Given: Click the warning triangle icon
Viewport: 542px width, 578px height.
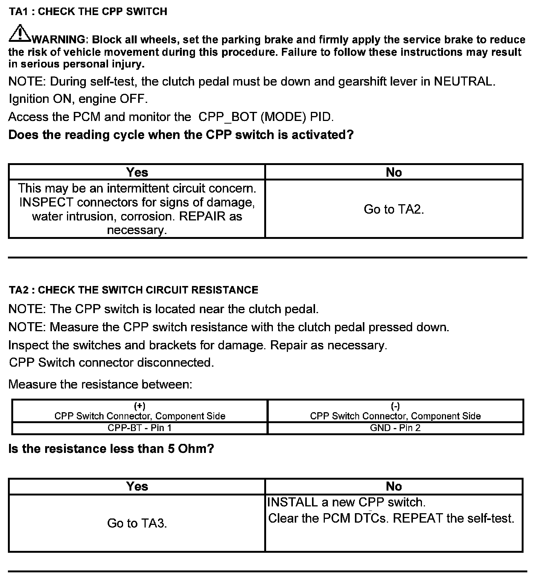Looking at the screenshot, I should coord(20,34).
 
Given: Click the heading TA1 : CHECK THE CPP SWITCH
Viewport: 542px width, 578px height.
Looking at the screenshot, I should coord(88,12).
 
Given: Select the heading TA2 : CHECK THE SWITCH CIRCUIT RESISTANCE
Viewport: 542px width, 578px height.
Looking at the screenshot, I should coord(134,290).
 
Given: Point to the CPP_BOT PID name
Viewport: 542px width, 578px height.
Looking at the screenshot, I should coord(227,117).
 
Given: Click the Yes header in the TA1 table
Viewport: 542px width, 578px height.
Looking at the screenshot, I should coord(137,172).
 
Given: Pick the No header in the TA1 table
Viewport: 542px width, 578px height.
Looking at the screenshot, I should coord(394,172).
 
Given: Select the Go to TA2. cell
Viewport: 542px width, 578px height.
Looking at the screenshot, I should coord(394,209).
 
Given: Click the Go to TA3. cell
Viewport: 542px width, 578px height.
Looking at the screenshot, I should coord(137,523).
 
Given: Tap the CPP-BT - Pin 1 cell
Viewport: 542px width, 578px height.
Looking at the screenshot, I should coord(140,428).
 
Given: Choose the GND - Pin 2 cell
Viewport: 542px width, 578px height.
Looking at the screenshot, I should coord(395,428).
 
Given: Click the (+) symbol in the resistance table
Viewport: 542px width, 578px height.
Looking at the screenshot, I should coord(140,406).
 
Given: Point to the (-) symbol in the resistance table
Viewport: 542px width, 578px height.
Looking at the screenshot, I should coord(395,406).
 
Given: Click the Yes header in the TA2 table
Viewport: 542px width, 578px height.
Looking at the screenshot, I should coord(137,486).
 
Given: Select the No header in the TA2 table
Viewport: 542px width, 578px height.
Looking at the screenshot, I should coord(394,486).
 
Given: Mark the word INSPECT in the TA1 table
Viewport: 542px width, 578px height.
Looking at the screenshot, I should coord(46,202).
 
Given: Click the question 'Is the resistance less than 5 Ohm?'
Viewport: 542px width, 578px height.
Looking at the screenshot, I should coord(111,449).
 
